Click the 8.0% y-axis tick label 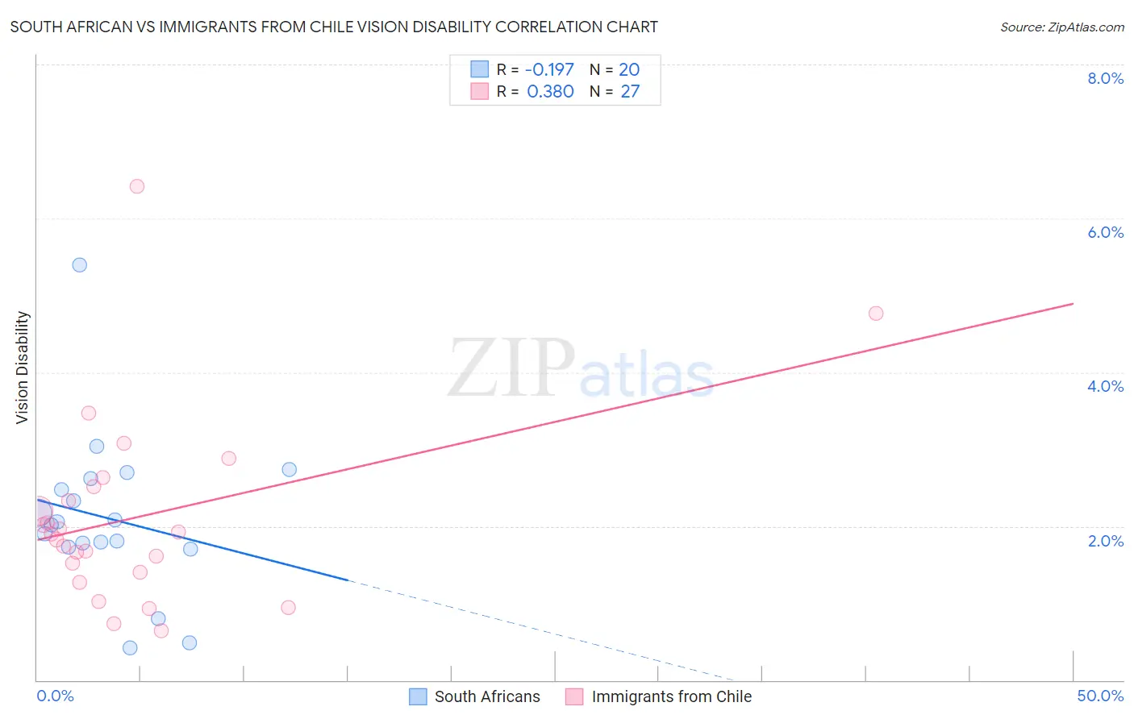pos(1105,78)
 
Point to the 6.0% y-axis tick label pos(1105,232)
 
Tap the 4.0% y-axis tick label pos(1105,386)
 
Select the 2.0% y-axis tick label pos(1105,541)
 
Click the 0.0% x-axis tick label pos(55,696)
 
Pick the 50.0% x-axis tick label pos(1100,696)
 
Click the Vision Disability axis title pos(23,368)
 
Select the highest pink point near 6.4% pos(137,186)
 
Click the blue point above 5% pos(79,265)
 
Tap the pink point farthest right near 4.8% pos(876,314)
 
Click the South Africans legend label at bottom pos(487,696)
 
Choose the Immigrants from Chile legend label pos(671,696)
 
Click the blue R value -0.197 pos(549,70)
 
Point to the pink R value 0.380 pos(550,92)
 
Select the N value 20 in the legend pos(629,70)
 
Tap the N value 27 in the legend pos(630,92)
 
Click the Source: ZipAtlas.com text pos(1061,27)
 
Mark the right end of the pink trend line pos(1073,304)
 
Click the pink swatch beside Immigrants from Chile pos(574,696)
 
